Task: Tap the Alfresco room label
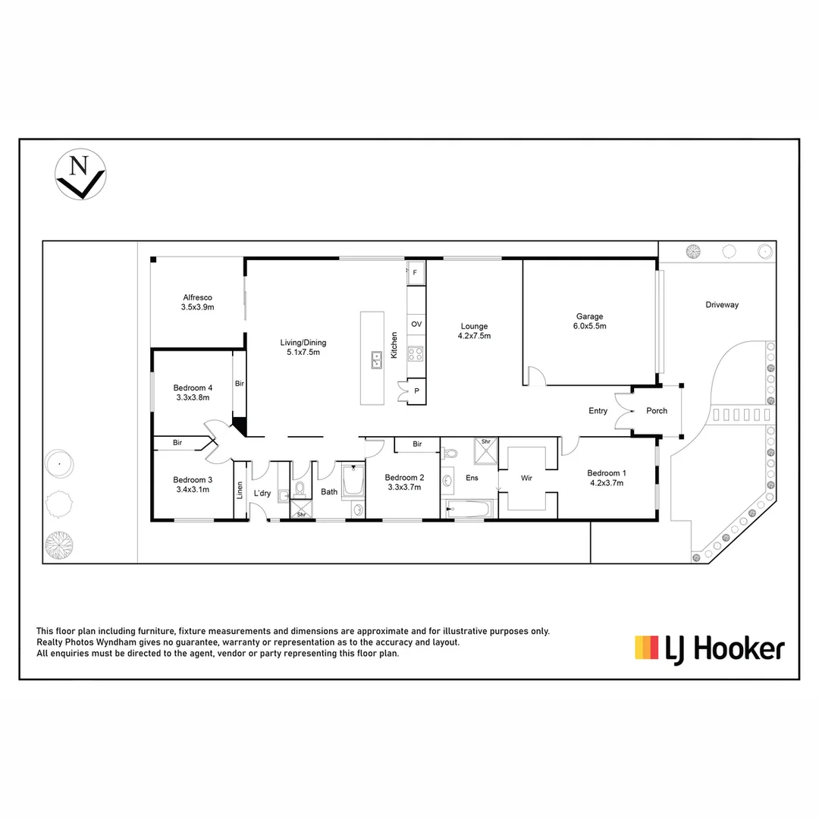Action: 197,303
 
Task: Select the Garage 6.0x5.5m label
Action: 589,321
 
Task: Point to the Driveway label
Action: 721,305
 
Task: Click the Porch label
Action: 657,411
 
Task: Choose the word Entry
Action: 598,411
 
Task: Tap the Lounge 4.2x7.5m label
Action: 474,331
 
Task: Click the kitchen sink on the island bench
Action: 376,359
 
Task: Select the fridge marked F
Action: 415,271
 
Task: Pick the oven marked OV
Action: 416,324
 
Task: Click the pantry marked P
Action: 416,391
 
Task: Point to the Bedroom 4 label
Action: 193,392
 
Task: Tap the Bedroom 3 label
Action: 193,484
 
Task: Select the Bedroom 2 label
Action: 403,482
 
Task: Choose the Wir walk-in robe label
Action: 528,479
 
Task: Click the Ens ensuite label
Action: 472,478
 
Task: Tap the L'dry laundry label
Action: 262,494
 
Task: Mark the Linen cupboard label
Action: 240,491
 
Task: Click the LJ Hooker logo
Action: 709,648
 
